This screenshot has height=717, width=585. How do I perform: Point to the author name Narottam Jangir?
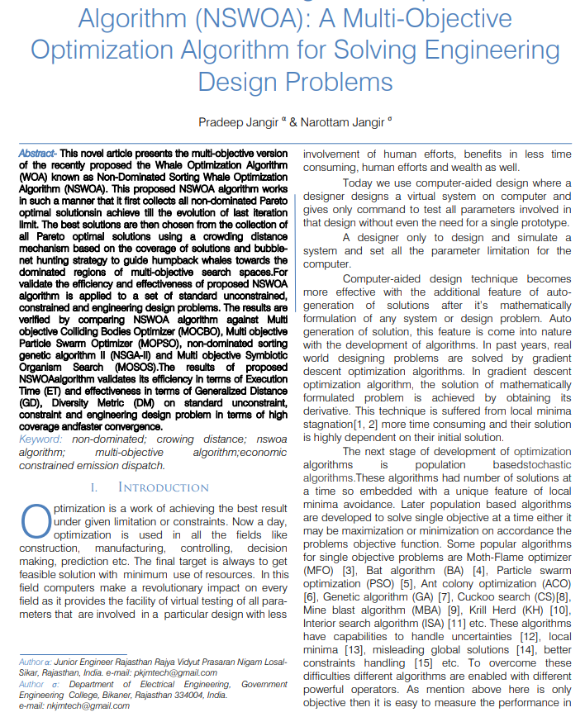pos(340,122)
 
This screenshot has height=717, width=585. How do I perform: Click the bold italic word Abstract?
pos(36,154)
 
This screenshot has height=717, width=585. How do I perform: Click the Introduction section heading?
pos(164,487)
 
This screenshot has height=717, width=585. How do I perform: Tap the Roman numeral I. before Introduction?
pos(94,487)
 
